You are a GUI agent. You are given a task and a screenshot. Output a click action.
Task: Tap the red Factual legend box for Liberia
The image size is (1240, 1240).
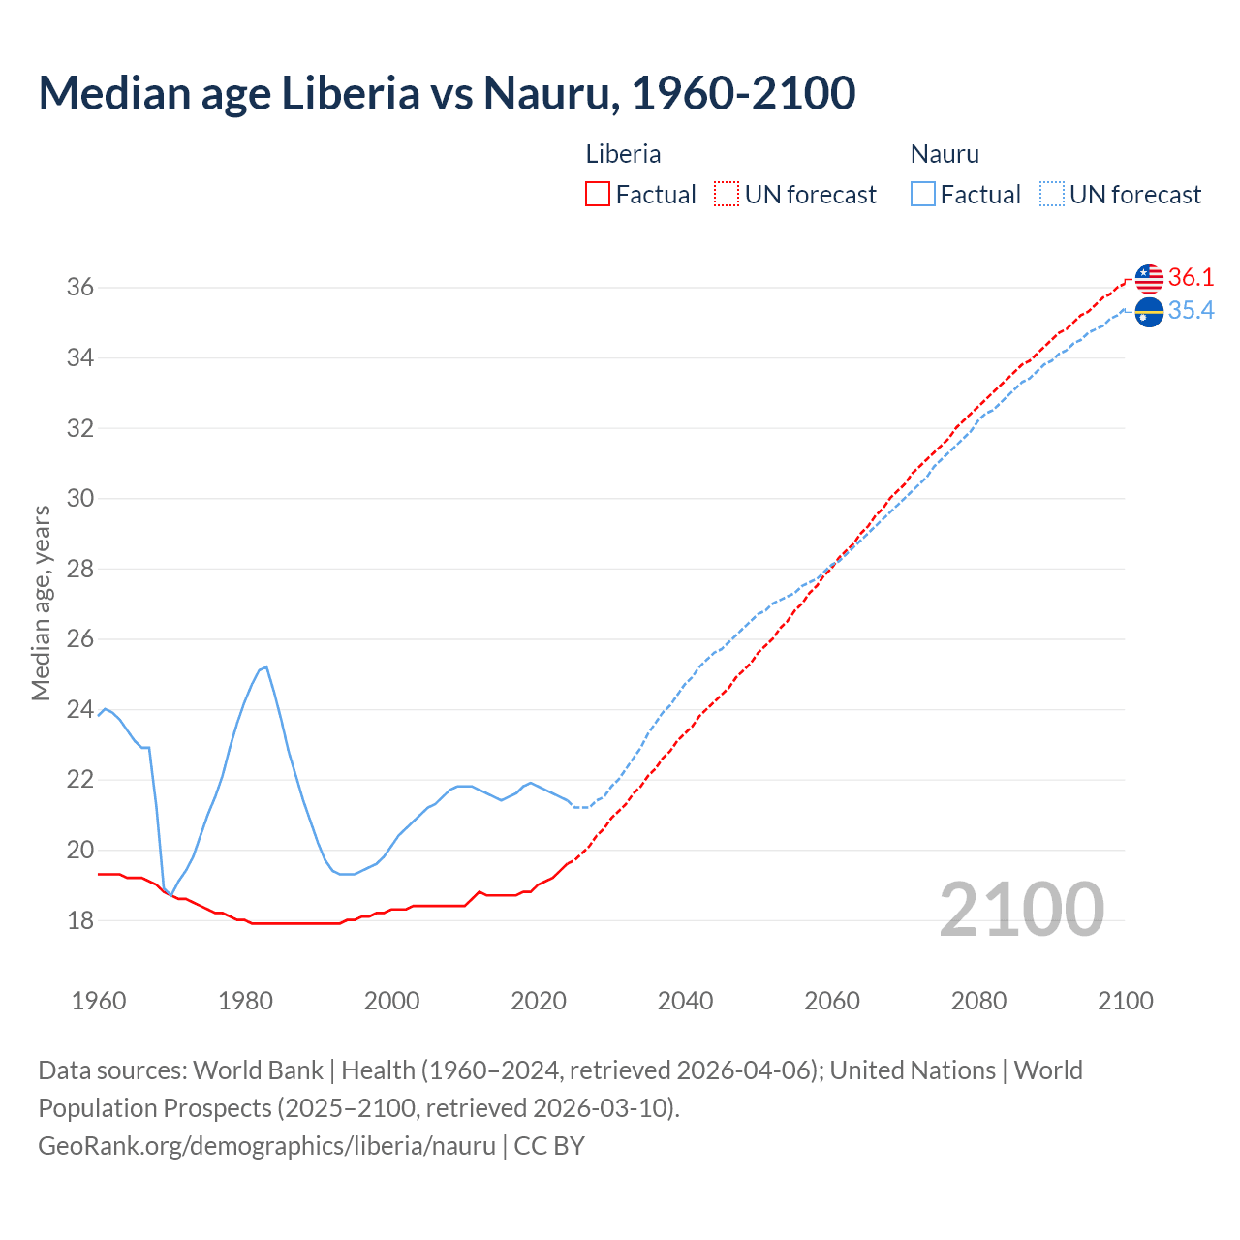point(598,195)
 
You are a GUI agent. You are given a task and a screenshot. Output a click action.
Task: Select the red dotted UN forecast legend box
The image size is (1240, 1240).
point(727,195)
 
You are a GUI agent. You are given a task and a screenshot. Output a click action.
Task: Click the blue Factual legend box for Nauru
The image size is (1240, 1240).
point(922,195)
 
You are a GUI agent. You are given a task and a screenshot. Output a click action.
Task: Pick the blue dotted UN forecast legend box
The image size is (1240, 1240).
point(1051,195)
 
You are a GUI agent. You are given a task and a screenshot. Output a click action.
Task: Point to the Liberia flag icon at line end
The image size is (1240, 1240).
point(1149,278)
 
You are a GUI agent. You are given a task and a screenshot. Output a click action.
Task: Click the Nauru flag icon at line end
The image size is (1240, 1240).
point(1149,312)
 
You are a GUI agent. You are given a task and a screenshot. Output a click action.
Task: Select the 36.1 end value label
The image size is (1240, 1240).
point(1191,277)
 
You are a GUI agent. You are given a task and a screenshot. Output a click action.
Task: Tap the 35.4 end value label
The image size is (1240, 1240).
point(1191,310)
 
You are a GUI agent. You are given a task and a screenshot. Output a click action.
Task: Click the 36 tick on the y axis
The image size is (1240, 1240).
point(79,288)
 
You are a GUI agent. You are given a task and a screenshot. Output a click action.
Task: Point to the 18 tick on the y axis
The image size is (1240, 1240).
point(79,920)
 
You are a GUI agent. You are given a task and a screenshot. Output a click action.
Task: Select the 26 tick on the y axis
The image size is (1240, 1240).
point(79,639)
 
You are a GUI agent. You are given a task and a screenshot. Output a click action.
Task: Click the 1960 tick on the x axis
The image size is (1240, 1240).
point(99,1001)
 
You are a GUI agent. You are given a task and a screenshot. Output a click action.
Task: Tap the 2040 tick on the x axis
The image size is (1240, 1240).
point(685,1001)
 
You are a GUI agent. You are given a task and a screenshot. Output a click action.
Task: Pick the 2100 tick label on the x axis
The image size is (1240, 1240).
point(1125,1001)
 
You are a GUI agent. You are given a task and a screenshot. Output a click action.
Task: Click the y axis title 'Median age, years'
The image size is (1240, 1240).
point(41,603)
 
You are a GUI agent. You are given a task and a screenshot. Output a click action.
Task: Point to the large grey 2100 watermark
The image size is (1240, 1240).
point(1021,910)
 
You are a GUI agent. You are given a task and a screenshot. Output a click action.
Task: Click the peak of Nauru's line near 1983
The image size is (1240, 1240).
point(266,666)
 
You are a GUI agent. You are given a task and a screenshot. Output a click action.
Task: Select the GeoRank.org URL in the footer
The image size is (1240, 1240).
point(266,1146)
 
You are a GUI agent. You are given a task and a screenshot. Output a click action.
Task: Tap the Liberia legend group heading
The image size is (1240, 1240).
point(623,154)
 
